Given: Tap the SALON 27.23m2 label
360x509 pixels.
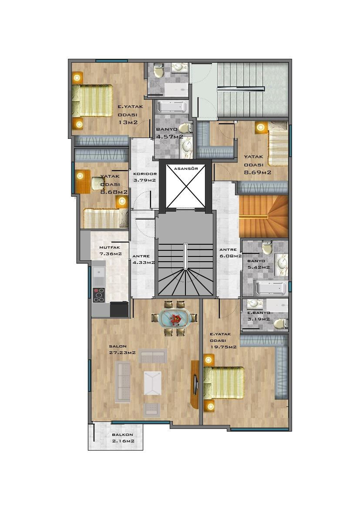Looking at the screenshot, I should pyautogui.click(x=122, y=350).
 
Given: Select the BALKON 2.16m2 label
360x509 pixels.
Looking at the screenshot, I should pyautogui.click(x=123, y=438).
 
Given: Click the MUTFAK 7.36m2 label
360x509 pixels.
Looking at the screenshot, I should pyautogui.click(x=110, y=250).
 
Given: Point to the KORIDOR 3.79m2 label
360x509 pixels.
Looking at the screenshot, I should pyautogui.click(x=145, y=177).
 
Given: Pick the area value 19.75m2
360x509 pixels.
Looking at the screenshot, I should pyautogui.click(x=223, y=347).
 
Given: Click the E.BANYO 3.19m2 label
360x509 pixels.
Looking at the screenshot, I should pyautogui.click(x=259, y=316).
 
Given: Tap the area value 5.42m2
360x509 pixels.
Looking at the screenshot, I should pyautogui.click(x=258, y=267).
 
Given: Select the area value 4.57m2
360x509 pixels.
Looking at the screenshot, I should pyautogui.click(x=169, y=137).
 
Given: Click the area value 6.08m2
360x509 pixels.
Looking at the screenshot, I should pyautogui.click(x=230, y=256).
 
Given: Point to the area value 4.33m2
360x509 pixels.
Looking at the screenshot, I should pyautogui.click(x=144, y=263).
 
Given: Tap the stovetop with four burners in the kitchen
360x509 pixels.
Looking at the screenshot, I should pyautogui.click(x=99, y=295).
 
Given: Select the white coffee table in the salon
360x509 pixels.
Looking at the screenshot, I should pyautogui.click(x=152, y=383).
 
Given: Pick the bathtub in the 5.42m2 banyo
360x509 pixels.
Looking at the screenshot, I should pyautogui.click(x=270, y=288).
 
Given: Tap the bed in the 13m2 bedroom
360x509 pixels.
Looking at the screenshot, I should pyautogui.click(x=92, y=101).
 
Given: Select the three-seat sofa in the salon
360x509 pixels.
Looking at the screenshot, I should pyautogui.click(x=123, y=382).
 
